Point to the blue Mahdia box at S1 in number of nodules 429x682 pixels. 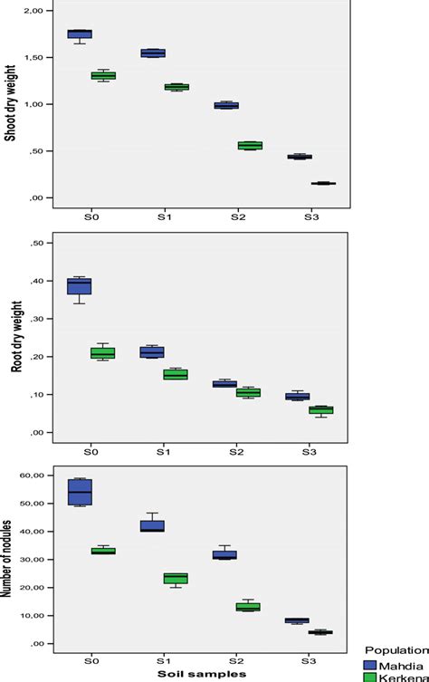(x=152, y=526)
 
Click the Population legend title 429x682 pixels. (x=396, y=648)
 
